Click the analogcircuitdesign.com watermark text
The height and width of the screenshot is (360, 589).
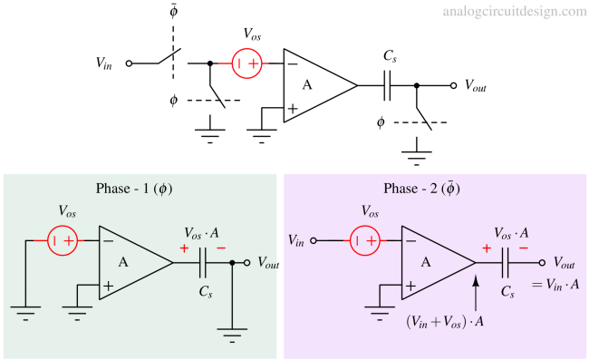pos(515,12)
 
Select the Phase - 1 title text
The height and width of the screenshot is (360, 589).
pos(133,189)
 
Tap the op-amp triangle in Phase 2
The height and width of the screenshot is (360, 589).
pos(433,262)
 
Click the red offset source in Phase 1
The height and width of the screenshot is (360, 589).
pos(63,241)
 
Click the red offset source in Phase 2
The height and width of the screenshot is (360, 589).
pos(367,241)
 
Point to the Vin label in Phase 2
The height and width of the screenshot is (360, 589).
pos(296,240)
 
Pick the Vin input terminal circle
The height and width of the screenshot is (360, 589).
pos(314,241)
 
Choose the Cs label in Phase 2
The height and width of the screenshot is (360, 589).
pos(507,292)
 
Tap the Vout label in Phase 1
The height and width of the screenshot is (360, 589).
pos(267,263)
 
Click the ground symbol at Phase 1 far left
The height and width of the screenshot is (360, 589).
pos(25,313)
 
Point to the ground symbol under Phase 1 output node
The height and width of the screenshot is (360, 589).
pos(233,334)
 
